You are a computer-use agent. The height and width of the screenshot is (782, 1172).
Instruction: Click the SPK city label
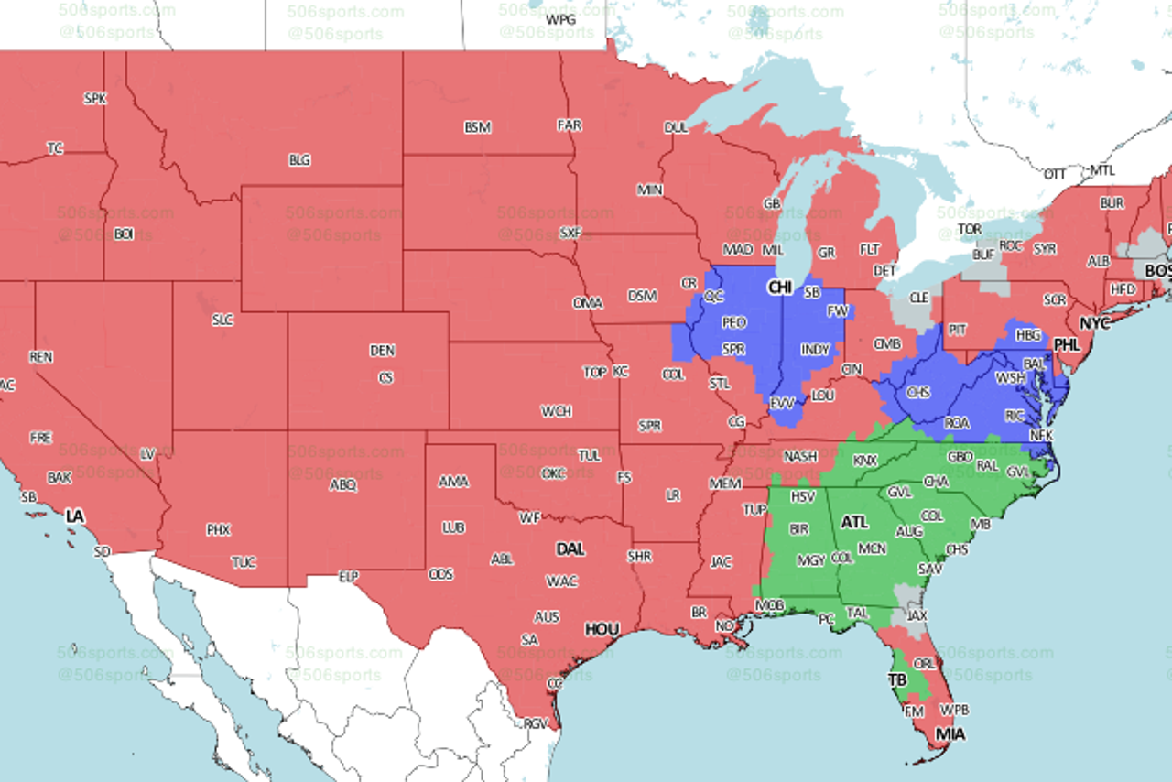click(94, 98)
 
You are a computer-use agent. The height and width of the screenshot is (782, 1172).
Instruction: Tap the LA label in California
click(74, 516)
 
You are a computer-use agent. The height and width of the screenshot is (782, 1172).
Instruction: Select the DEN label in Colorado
click(382, 351)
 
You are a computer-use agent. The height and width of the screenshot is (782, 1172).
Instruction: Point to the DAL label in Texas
click(570, 548)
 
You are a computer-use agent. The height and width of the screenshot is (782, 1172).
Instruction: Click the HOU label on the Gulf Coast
click(602, 629)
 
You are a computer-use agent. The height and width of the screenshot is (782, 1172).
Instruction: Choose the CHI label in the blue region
click(779, 288)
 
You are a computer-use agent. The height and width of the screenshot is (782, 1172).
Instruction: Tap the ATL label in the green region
click(853, 522)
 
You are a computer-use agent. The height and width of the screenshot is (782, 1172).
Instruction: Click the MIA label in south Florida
click(950, 733)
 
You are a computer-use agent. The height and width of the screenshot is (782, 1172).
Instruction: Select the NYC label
click(1093, 323)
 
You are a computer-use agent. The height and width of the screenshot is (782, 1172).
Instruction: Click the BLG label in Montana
click(299, 160)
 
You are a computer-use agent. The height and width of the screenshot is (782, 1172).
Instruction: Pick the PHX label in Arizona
click(218, 529)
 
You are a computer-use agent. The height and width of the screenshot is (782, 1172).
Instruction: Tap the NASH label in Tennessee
click(800, 456)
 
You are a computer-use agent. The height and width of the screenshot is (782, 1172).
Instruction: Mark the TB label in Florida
click(897, 679)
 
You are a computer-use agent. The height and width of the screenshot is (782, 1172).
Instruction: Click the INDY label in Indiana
click(814, 350)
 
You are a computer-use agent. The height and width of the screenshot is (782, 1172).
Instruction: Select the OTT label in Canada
click(1055, 173)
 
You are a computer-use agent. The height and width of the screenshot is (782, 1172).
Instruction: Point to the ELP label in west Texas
click(348, 576)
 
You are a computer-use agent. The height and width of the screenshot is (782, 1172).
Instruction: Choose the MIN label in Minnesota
click(649, 190)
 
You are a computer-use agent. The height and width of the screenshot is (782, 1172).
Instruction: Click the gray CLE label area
click(918, 298)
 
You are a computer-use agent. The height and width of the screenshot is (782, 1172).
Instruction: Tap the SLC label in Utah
click(222, 320)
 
